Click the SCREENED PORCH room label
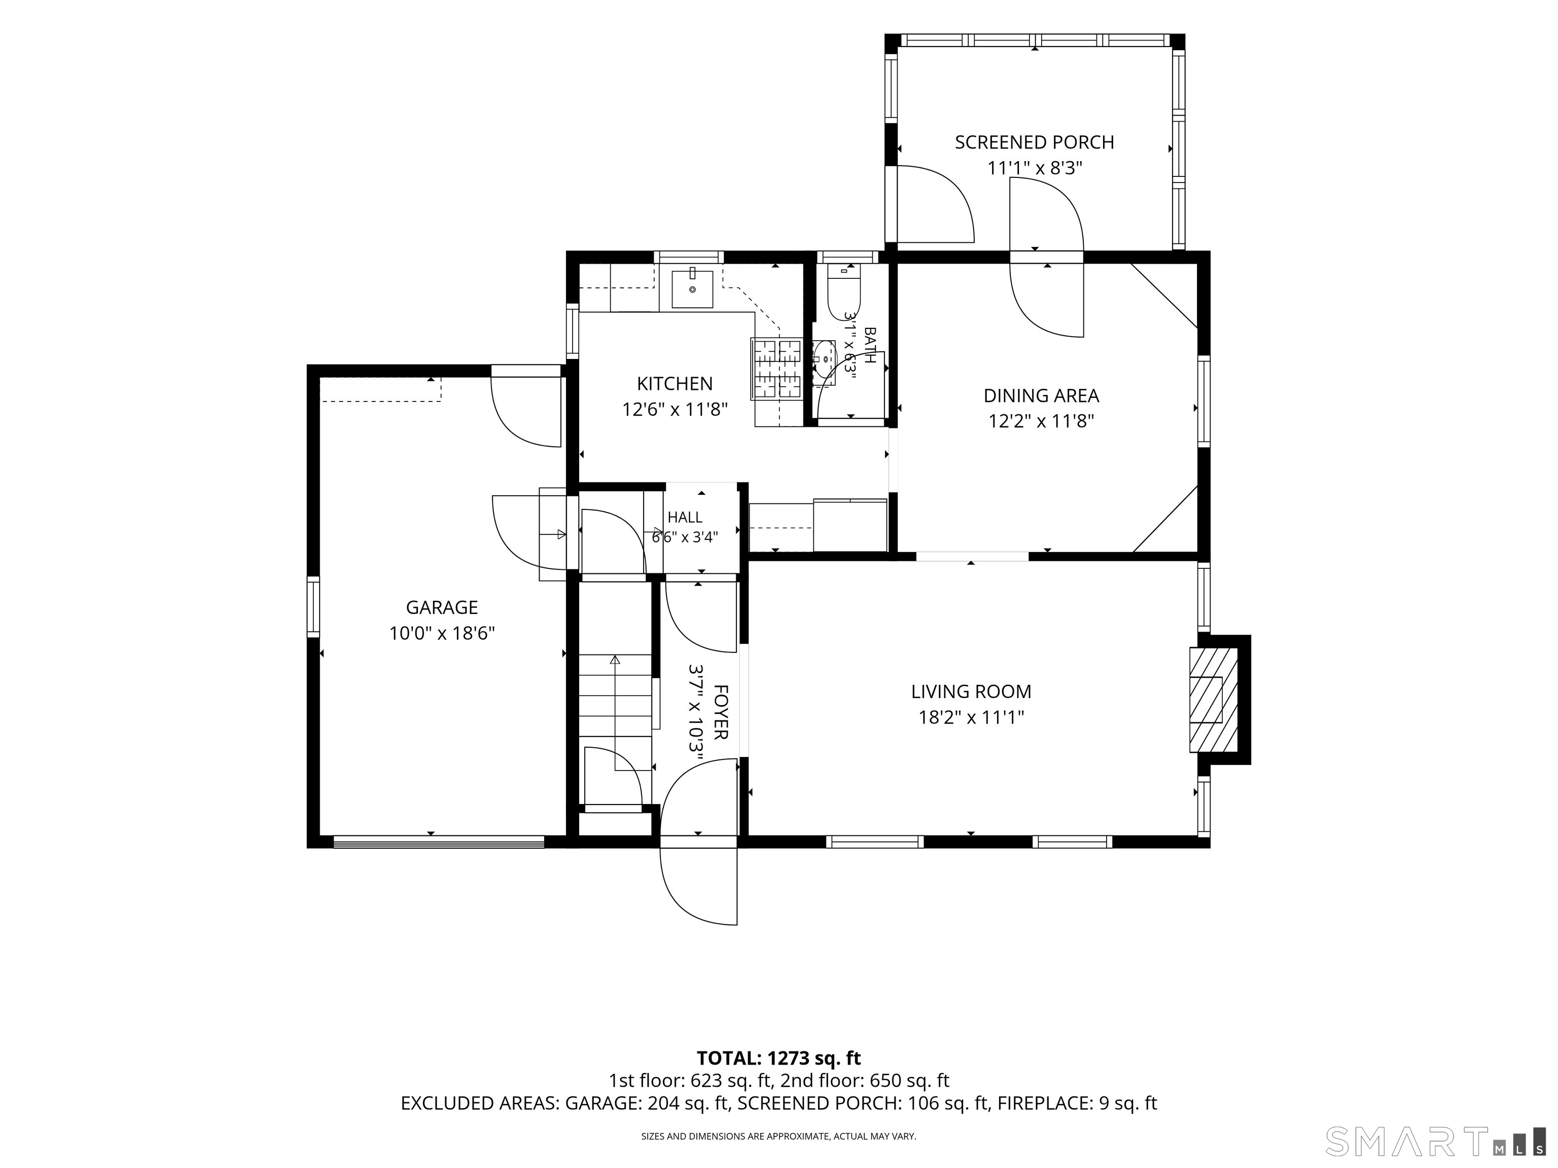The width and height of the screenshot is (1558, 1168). tap(1034, 142)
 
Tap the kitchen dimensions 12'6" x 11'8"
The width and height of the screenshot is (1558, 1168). tap(674, 409)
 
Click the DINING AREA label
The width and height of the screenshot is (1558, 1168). tap(1041, 395)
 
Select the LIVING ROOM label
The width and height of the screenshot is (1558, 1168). tap(971, 691)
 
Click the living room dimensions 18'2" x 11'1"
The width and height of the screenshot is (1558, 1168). tap(971, 717)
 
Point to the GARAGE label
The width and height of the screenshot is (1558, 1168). tap(442, 607)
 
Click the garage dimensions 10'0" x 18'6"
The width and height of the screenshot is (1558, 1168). tap(442, 634)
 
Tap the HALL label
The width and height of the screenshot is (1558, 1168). tap(685, 518)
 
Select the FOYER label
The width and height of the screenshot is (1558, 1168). tap(720, 712)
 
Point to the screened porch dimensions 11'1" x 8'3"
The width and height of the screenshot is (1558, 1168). tap(1034, 168)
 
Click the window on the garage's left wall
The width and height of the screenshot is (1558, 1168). tap(313, 606)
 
